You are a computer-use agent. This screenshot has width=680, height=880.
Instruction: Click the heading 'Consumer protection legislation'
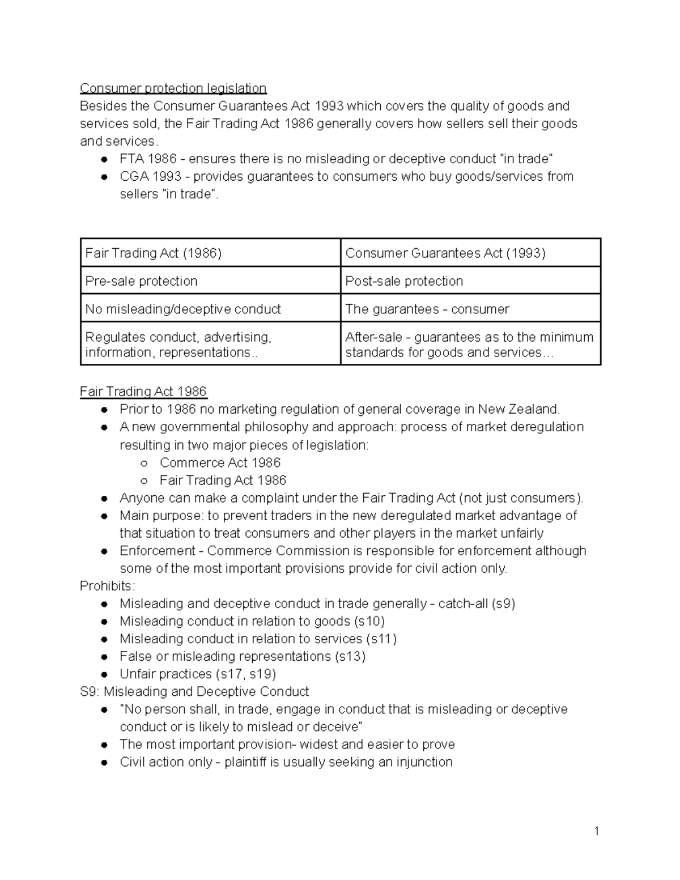[173, 88]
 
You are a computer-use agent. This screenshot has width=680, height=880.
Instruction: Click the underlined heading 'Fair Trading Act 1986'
[143, 392]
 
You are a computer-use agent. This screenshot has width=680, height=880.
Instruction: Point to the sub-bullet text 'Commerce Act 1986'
[220, 462]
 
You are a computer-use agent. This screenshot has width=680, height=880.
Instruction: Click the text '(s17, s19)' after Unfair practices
[246, 674]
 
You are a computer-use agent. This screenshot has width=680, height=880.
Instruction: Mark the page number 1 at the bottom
[596, 831]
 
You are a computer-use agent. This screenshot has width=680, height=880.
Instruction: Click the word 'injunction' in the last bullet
[423, 762]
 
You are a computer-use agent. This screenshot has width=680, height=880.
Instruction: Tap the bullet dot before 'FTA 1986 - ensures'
[104, 159]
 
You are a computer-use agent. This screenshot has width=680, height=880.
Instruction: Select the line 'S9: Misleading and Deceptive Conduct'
[194, 691]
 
